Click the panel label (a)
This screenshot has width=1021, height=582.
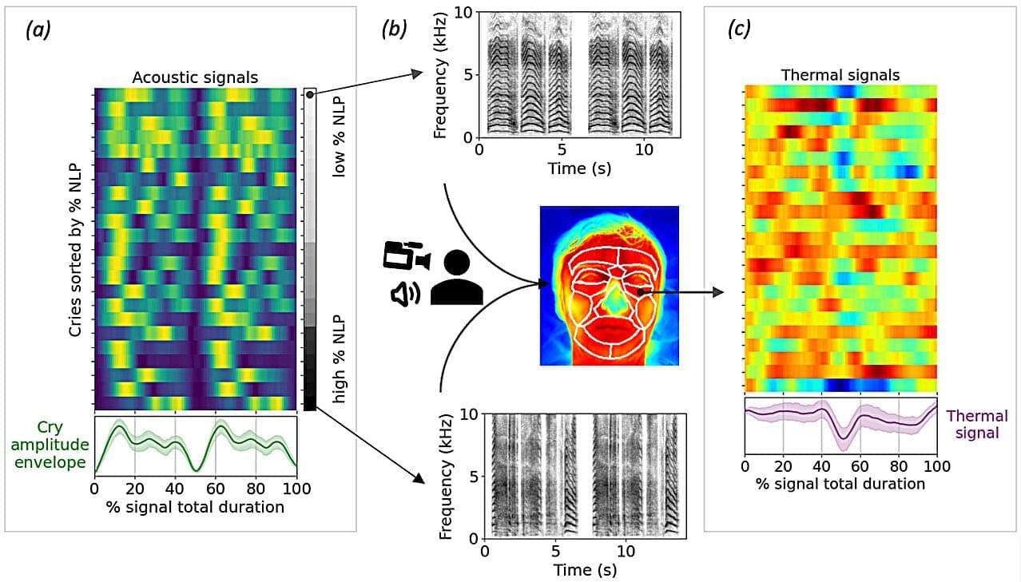point(38,30)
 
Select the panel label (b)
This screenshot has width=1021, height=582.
point(395,30)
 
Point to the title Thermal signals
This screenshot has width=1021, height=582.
point(840,75)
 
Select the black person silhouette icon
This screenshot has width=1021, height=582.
point(456,278)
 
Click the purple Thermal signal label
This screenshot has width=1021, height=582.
point(976,425)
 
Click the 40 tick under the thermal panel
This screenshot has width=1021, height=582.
point(821,465)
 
